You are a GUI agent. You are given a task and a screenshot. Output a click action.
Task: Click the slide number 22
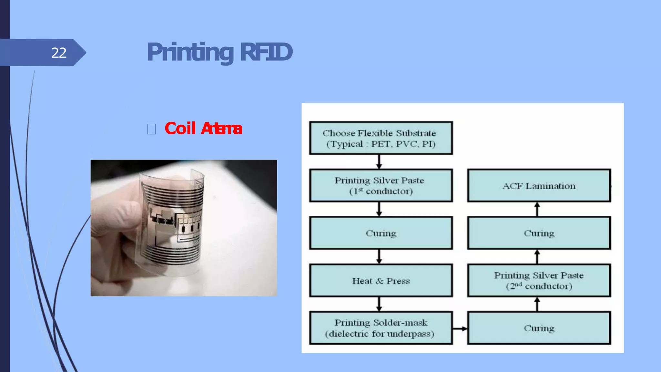(59, 53)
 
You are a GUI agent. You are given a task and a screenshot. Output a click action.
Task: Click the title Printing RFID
(219, 52)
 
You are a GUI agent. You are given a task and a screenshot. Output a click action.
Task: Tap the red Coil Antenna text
(203, 129)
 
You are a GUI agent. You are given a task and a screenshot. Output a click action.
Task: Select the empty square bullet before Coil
(151, 129)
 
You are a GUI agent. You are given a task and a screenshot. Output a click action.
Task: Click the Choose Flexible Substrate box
(381, 138)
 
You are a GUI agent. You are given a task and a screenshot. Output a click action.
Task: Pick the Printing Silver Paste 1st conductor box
(381, 186)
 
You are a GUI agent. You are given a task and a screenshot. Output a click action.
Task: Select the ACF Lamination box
(539, 186)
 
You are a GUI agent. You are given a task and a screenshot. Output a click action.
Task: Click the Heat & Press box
(381, 281)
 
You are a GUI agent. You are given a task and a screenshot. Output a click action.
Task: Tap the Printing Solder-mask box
(381, 328)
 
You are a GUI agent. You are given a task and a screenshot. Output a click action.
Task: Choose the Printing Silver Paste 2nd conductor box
(539, 281)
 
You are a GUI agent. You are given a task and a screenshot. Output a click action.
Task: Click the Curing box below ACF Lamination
(539, 233)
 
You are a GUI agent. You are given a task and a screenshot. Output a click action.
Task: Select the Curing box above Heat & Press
(381, 233)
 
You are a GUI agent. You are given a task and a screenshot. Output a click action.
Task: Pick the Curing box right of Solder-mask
(539, 328)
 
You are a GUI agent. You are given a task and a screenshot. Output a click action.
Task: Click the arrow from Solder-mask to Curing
(460, 329)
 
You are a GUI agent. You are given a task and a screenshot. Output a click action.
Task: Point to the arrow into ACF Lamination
(537, 209)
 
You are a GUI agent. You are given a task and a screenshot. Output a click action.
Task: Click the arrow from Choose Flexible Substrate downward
(379, 161)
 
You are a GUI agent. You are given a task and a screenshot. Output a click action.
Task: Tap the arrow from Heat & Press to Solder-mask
(379, 304)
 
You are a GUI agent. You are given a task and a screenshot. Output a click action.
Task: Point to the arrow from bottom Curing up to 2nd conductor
(537, 304)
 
